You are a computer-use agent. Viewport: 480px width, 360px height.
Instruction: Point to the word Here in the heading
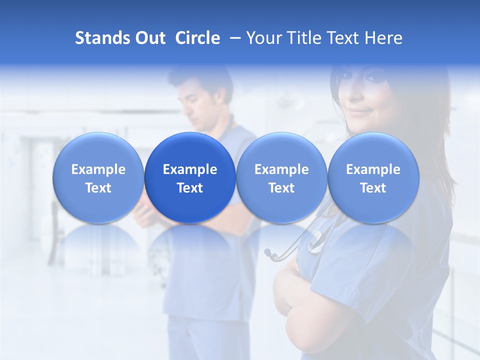coord(384,38)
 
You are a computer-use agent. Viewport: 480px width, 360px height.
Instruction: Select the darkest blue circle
coord(190,177)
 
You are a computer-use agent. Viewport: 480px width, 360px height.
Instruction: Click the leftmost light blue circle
coord(98,177)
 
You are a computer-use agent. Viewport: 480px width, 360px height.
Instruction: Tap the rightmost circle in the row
coord(373,177)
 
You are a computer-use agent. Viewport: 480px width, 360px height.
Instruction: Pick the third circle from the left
coord(281,177)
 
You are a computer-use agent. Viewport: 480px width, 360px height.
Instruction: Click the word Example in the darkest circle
coord(190,169)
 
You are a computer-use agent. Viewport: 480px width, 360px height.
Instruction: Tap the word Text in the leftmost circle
coord(98,188)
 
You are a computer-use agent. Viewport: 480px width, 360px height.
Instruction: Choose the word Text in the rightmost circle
coord(373,188)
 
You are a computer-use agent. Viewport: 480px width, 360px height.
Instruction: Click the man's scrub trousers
coord(200,340)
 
